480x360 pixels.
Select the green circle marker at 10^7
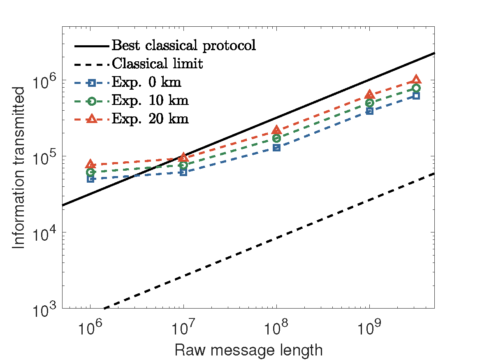(x=183, y=165)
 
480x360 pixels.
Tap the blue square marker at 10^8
(x=276, y=147)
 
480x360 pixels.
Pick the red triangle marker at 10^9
(x=369, y=95)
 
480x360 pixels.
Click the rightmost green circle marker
(x=416, y=88)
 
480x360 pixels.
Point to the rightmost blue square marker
(x=416, y=96)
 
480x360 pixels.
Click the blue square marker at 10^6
(x=90, y=179)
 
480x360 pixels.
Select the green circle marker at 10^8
(x=276, y=138)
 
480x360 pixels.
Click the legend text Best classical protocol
(x=184, y=45)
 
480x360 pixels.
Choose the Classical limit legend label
(x=157, y=64)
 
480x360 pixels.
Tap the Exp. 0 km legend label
(x=146, y=82)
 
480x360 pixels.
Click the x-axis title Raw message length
(x=248, y=351)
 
